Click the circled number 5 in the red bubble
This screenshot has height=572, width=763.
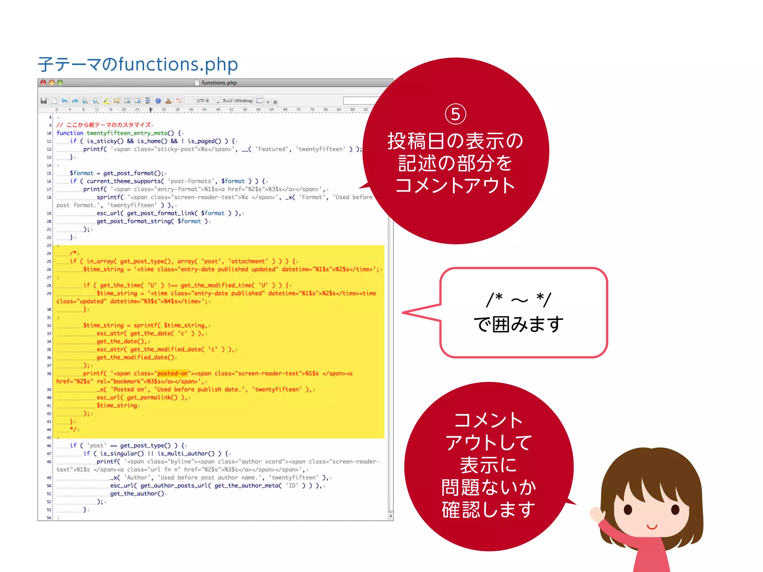pyautogui.click(x=455, y=114)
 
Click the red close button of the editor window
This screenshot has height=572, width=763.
pyautogui.click(x=43, y=82)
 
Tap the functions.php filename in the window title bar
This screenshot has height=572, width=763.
pyautogui.click(x=219, y=83)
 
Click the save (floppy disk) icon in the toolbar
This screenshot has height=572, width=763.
pyautogui.click(x=44, y=101)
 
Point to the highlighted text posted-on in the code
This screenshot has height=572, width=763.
pyautogui.click(x=172, y=374)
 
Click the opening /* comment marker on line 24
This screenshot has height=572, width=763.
pyautogui.click(x=73, y=253)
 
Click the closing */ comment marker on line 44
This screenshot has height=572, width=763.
pyautogui.click(x=73, y=429)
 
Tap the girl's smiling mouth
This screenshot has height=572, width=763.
pyautogui.click(x=652, y=527)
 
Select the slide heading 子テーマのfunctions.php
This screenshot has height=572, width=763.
pyautogui.click(x=138, y=64)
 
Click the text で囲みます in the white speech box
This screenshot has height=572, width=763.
pyautogui.click(x=518, y=324)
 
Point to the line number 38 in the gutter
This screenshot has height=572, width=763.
pyautogui.click(x=49, y=374)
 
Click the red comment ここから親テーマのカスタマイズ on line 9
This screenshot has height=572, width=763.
pyautogui.click(x=108, y=125)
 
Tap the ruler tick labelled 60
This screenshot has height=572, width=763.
pyautogui.click(x=258, y=110)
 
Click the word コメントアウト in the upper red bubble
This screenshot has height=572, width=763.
pyautogui.click(x=455, y=185)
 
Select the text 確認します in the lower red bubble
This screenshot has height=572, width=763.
pyautogui.click(x=488, y=509)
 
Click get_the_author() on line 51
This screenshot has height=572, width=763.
pyautogui.click(x=137, y=493)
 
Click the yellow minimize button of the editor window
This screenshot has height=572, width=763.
pyautogui.click(x=52, y=82)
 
